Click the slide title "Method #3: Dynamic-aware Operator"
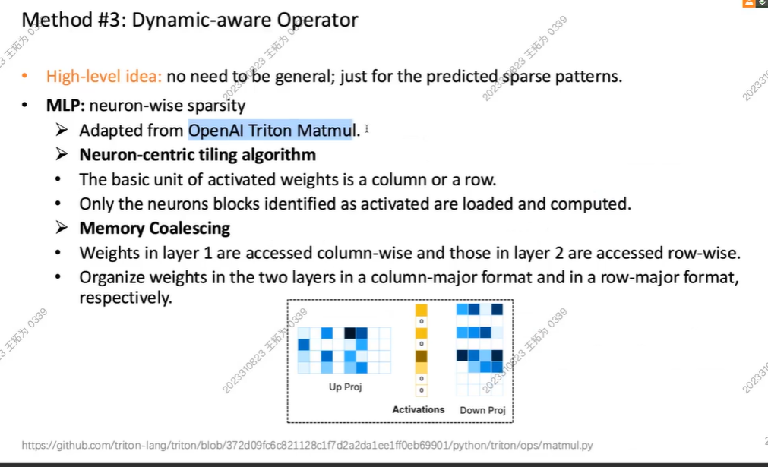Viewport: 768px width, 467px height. pos(190,20)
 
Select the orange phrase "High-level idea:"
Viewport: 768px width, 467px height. pos(104,77)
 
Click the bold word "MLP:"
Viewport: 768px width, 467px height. pos(65,106)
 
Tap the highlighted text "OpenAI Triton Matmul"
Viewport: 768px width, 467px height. pos(270,130)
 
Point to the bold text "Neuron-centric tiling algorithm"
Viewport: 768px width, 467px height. pos(198,155)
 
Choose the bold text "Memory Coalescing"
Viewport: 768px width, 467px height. pos(155,228)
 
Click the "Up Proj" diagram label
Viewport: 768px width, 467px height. pos(346,387)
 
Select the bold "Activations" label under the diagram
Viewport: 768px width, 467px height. pos(419,409)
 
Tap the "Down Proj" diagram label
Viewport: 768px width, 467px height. pos(482,410)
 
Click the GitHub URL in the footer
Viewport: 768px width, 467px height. pos(307,446)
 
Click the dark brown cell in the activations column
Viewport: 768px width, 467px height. pos(422,356)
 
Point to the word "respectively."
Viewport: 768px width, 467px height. pos(126,298)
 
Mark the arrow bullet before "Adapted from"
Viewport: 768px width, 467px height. pos(62,129)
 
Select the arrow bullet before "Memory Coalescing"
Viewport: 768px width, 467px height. pos(62,227)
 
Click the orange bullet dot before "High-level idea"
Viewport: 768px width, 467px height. pos(24,76)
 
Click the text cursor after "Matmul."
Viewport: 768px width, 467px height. pos(367,129)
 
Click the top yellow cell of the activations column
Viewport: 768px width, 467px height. pos(422,310)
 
